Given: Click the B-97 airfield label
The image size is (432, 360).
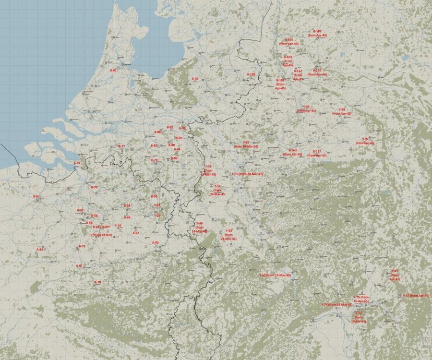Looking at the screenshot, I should [114, 71].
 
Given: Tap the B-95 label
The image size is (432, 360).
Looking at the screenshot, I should [195, 79].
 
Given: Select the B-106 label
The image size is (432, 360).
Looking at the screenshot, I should [251, 74].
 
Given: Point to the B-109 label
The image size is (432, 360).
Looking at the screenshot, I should [317, 31].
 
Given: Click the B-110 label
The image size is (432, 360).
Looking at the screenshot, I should [317, 71].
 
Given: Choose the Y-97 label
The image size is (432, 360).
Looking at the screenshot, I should [365, 139].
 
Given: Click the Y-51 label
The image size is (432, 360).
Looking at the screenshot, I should [235, 174].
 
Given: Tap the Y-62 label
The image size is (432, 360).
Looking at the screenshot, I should [263, 275].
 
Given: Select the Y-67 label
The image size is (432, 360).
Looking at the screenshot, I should [406, 295].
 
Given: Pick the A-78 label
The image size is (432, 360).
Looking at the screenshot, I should [98, 282].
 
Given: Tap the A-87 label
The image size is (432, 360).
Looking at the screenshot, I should [80, 265].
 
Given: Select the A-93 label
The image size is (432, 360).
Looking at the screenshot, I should [155, 242].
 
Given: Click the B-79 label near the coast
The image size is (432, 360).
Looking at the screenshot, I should [77, 163].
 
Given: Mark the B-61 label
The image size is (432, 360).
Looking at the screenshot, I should [36, 197].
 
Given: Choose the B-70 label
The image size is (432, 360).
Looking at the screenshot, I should [94, 187].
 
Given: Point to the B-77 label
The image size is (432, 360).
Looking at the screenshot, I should [122, 146].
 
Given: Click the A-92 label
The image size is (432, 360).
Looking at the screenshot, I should [136, 233].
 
